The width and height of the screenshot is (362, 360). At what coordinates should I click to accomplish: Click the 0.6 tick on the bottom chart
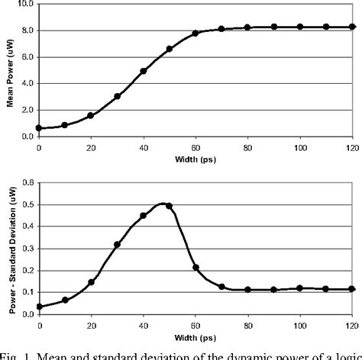28,182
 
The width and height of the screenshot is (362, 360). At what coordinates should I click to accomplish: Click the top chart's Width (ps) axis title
196,159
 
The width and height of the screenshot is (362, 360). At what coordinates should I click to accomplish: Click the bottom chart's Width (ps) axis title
196,333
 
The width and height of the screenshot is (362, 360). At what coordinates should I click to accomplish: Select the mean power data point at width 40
143,71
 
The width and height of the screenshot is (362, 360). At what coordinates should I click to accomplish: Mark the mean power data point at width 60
196,34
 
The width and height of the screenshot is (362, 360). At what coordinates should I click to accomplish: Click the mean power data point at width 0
38,128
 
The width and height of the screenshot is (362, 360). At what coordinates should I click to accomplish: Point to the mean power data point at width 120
352,27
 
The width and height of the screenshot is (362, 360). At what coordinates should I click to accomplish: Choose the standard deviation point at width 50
169,205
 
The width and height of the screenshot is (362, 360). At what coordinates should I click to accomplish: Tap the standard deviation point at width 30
117,244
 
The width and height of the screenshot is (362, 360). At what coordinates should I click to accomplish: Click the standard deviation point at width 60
196,267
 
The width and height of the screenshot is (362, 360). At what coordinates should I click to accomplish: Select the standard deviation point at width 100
299,288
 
